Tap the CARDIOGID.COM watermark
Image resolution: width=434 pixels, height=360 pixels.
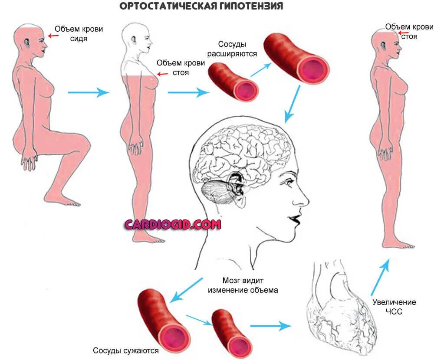[x=173, y=224]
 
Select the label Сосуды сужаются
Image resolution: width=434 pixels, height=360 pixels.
[x=126, y=350]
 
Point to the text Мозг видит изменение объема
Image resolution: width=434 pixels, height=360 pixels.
[x=243, y=285]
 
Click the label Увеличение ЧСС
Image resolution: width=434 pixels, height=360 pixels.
[x=394, y=307]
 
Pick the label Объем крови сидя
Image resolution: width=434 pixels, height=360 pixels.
[x=78, y=34]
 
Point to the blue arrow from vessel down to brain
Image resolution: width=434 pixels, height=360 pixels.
[x=292, y=104]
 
